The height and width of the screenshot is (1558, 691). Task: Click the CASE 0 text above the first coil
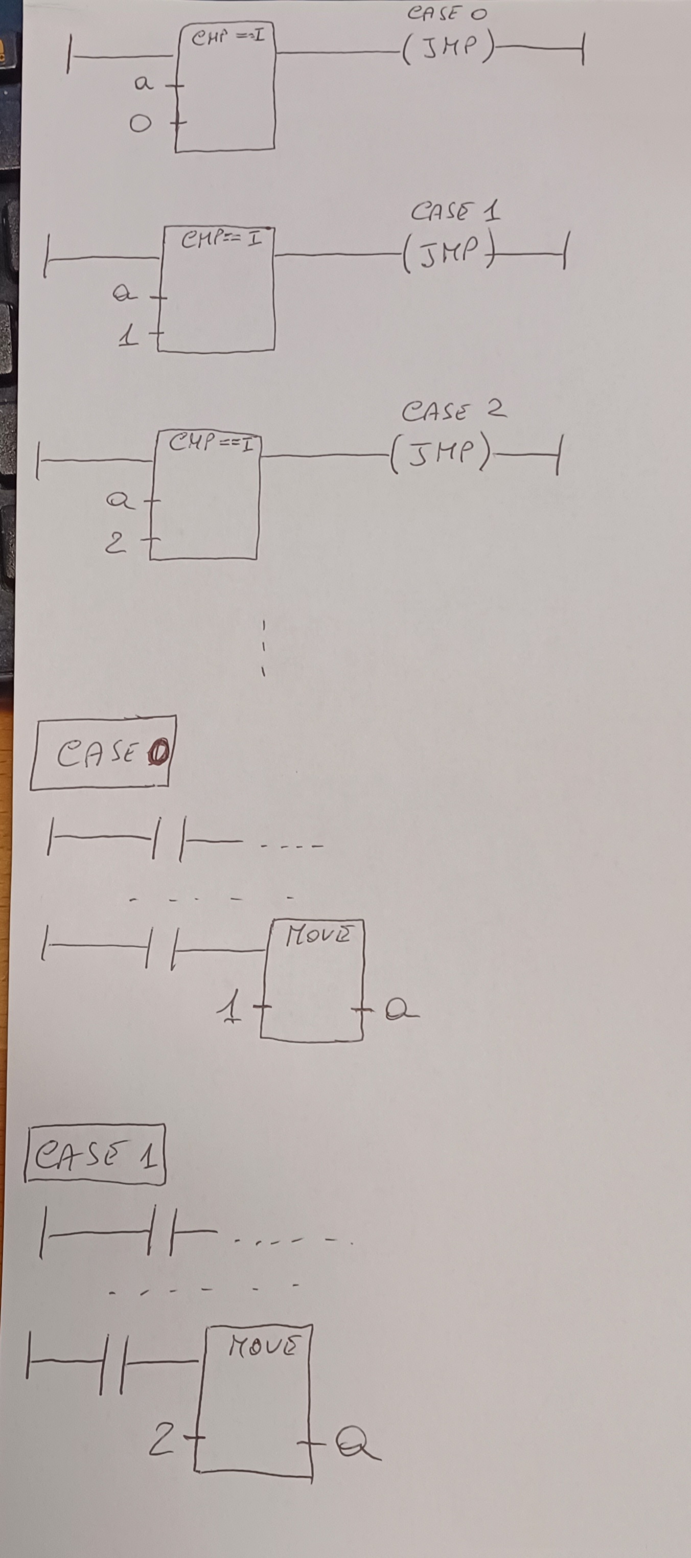coord(447,14)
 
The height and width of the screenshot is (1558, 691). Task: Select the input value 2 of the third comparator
coord(116,542)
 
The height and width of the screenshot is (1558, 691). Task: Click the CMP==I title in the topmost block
coord(227,37)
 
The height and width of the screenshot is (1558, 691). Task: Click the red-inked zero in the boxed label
coord(158,753)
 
